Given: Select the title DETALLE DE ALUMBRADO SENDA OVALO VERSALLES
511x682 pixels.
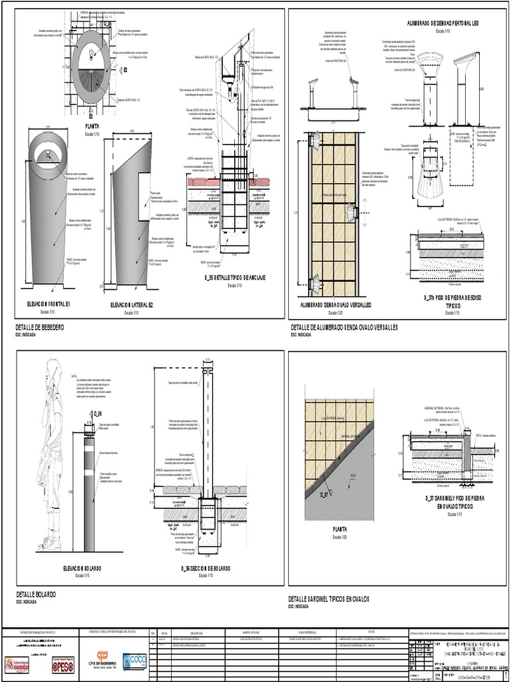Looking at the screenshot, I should (x=343, y=328).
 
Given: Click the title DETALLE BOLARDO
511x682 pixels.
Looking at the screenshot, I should (x=35, y=593).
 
